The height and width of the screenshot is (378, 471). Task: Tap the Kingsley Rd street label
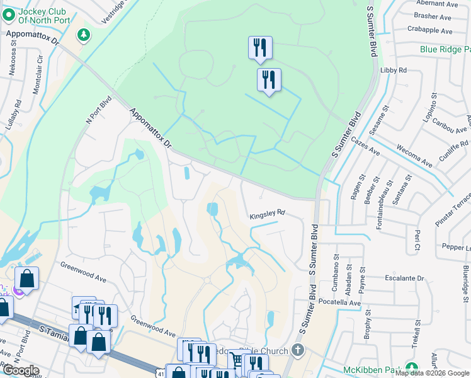(x=267, y=215)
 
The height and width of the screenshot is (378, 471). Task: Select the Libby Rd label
(x=394, y=70)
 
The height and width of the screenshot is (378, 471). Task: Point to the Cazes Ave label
(x=365, y=147)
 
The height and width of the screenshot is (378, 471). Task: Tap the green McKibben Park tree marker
(x=412, y=367)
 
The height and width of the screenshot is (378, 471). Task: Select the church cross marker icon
(x=298, y=350)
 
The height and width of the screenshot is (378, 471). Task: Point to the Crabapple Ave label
(x=430, y=30)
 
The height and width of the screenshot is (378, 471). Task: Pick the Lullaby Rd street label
(x=14, y=115)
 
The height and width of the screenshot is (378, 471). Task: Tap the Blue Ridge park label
(x=445, y=49)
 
